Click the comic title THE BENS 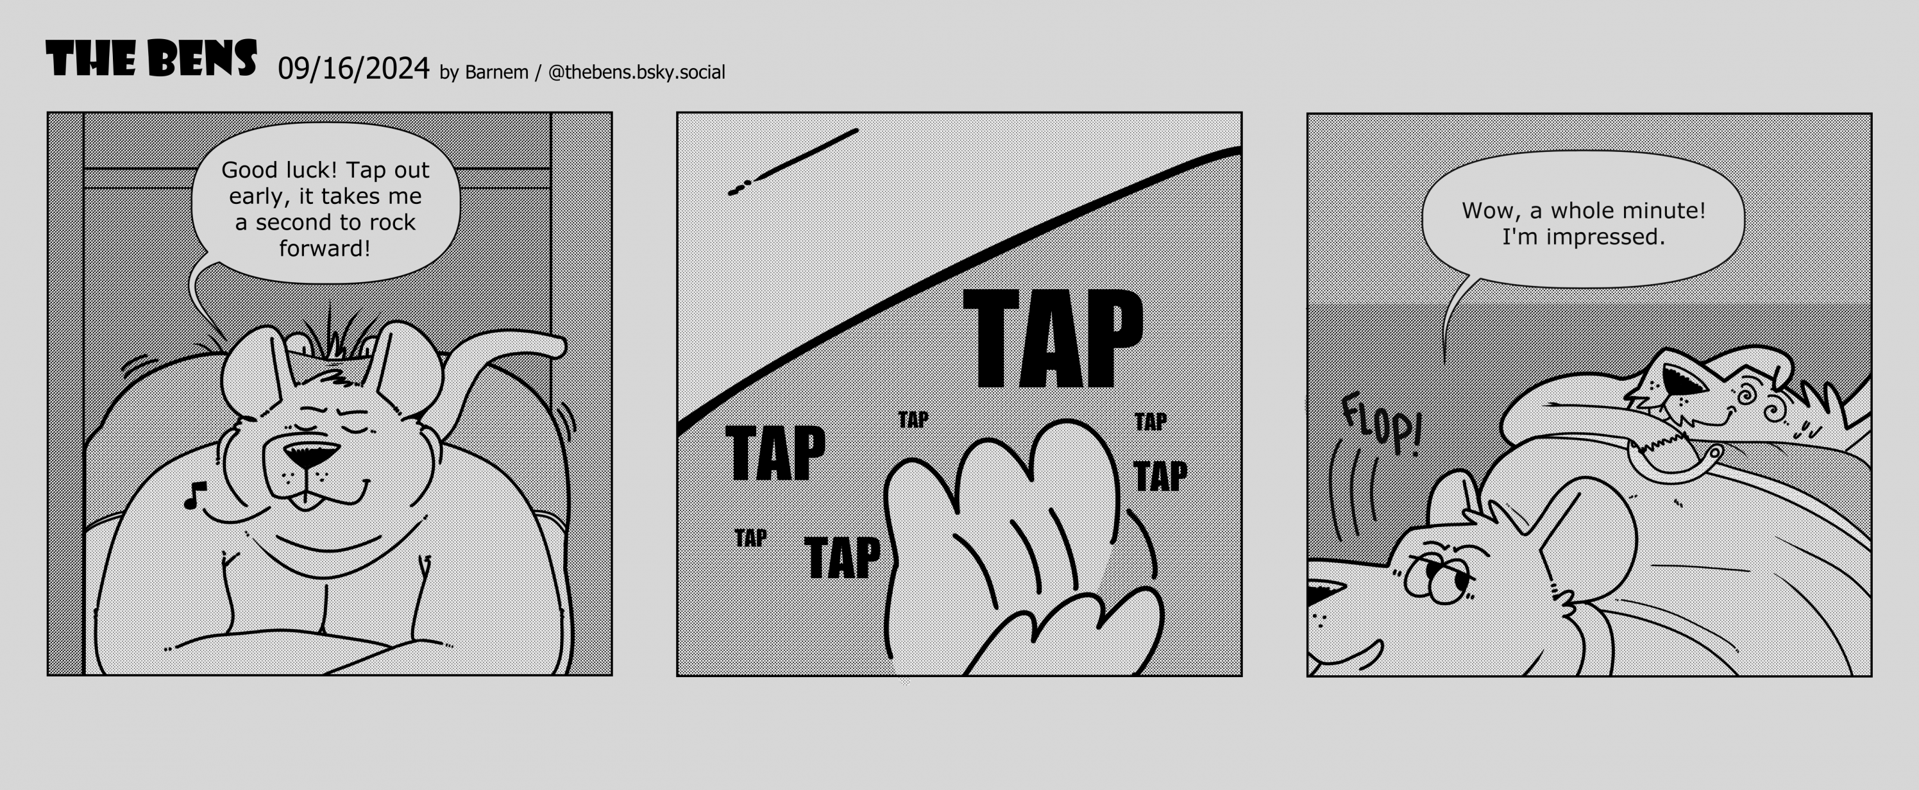tap(151, 58)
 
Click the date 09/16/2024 tap(354, 69)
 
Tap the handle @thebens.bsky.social tap(636, 72)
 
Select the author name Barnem tap(496, 72)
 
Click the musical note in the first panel tap(194, 495)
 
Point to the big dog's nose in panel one tap(312, 454)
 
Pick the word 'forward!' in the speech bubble tap(325, 249)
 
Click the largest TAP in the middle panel tap(1052, 338)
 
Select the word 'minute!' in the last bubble tap(1662, 211)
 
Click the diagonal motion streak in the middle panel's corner tap(793, 162)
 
